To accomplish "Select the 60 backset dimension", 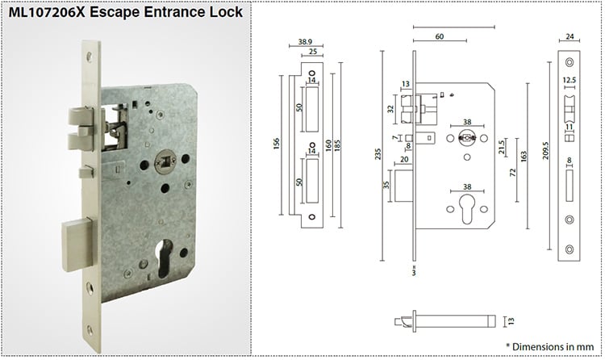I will point(439,36).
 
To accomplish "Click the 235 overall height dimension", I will point(380,153).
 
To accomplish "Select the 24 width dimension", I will point(571,36).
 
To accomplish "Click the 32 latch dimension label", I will point(391,106).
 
